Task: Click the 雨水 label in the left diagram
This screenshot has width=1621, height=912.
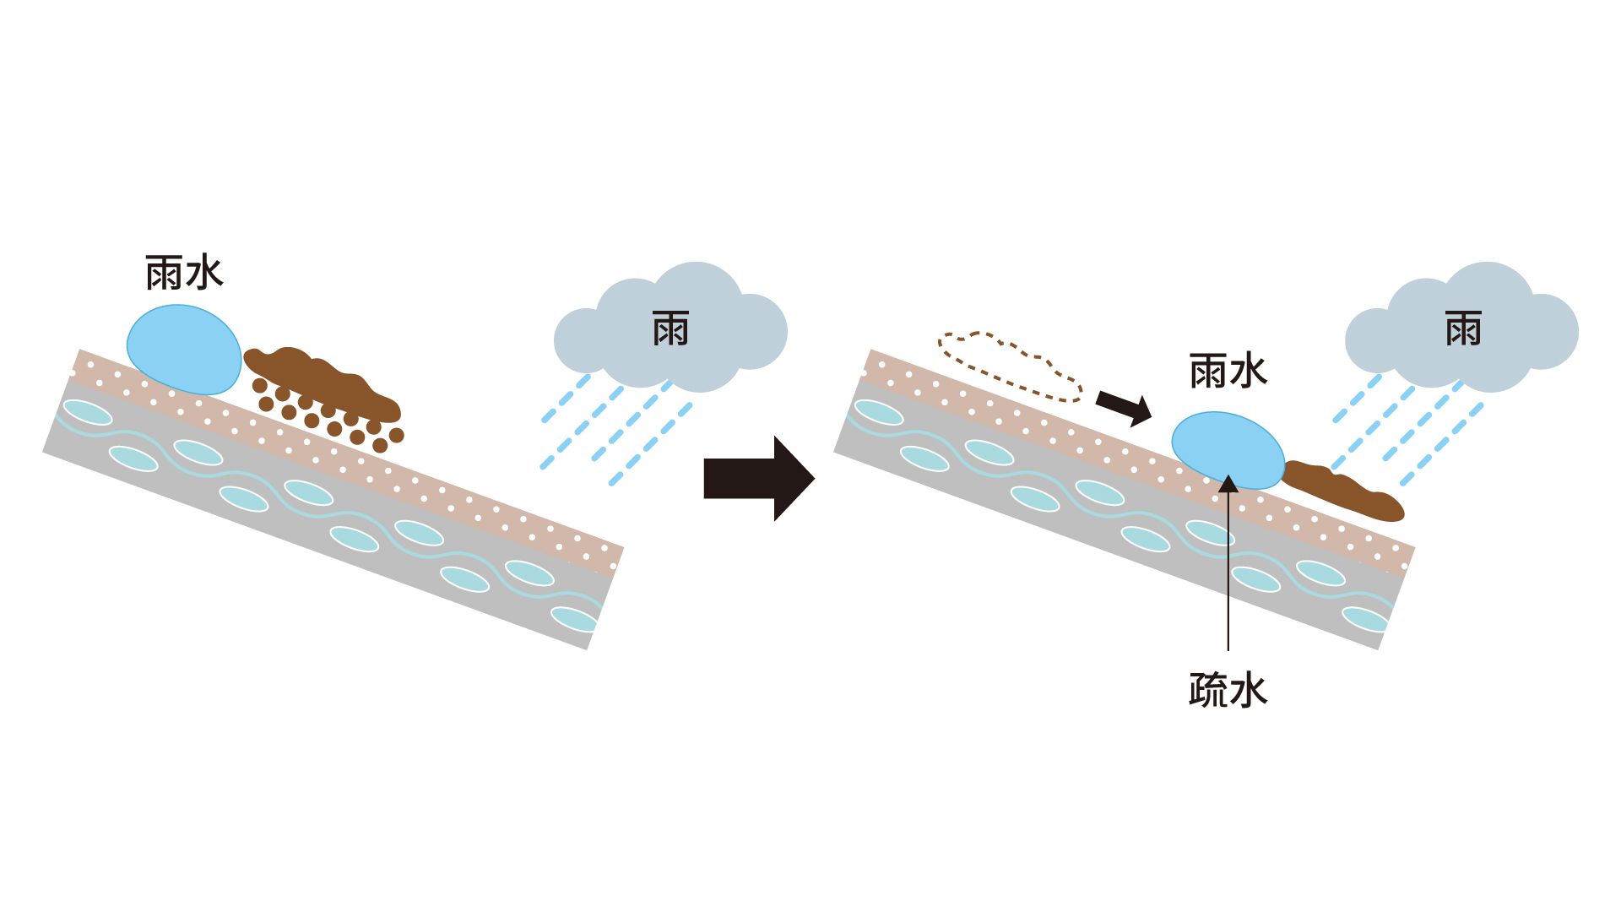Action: [184, 274]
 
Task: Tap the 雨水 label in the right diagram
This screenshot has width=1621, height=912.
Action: [1228, 371]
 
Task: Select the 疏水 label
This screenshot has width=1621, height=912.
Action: [1228, 690]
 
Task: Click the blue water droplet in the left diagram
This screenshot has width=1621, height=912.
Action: [184, 350]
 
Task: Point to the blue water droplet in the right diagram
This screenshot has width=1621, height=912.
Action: [1228, 450]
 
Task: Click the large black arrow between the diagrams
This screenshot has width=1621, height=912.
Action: [758, 479]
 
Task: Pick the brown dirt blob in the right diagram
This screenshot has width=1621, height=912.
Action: [1342, 491]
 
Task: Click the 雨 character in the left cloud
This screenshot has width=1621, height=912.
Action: [671, 328]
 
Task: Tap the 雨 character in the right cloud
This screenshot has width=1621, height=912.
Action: [1463, 328]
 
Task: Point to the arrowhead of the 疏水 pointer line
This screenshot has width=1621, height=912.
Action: [1228, 483]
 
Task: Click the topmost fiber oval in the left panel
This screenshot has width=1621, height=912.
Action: [88, 412]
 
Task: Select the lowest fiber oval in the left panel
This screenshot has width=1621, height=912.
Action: [574, 619]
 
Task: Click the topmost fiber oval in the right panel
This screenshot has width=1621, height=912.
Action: [879, 412]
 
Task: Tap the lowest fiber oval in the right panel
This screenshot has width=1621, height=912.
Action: [1365, 619]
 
